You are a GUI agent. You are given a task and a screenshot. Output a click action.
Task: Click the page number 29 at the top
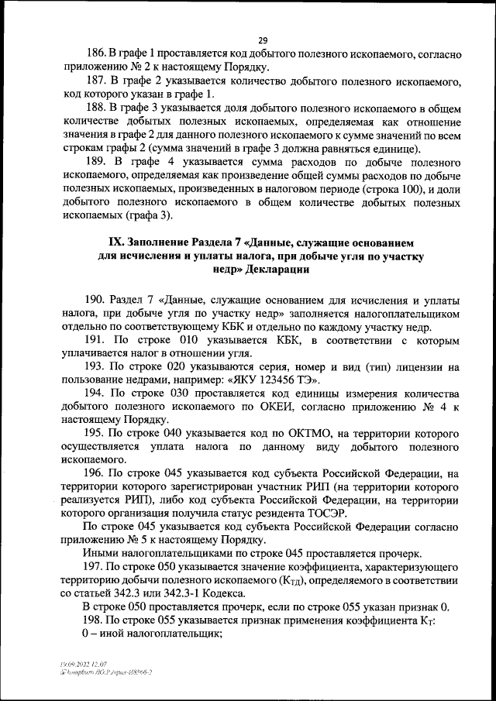tap(263, 40)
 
